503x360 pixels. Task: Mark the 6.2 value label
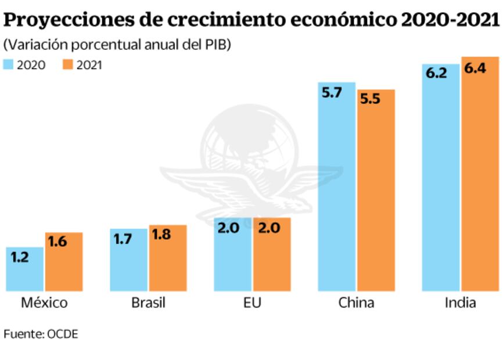click(435, 73)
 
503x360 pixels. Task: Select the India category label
click(460, 303)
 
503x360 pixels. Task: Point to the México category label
click(44, 303)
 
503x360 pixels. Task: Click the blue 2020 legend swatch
click(9, 64)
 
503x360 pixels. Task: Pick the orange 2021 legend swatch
click(67, 64)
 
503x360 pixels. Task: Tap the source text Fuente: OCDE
click(41, 334)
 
